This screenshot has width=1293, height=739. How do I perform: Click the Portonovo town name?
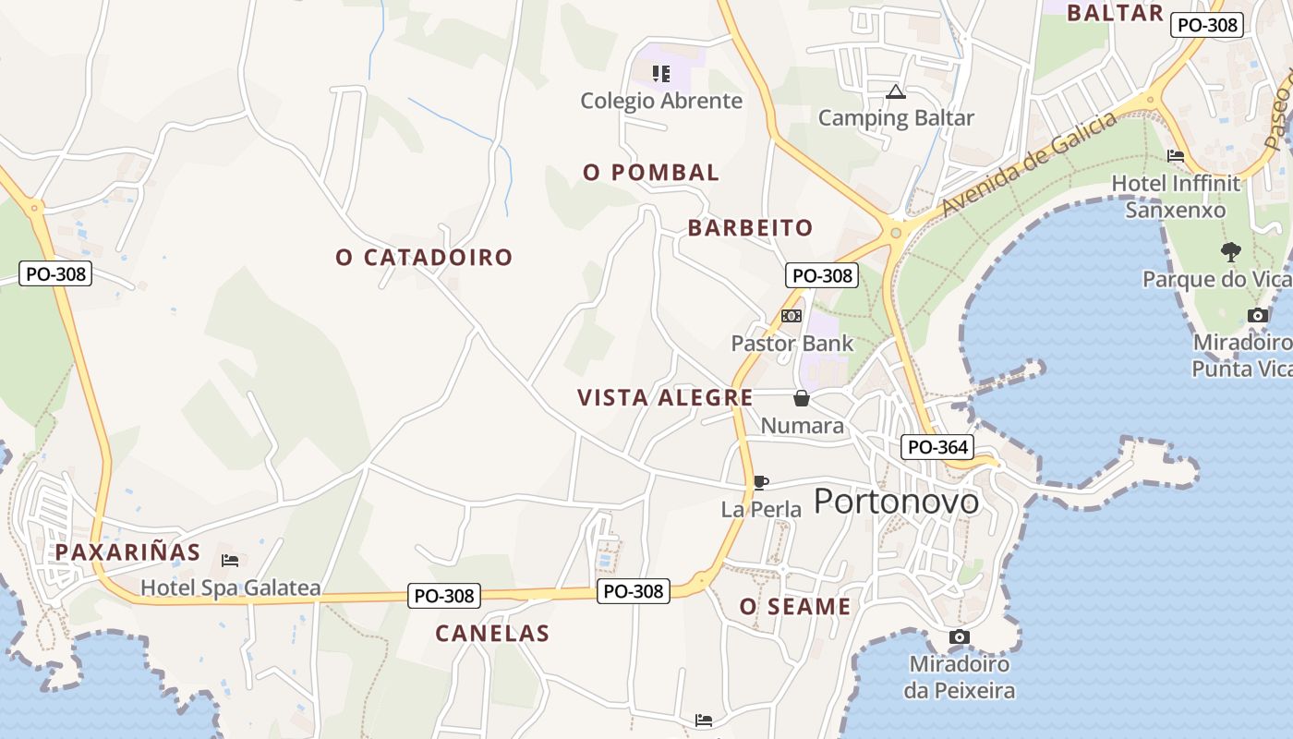[896, 501]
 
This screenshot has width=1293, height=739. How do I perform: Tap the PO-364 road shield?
[937, 448]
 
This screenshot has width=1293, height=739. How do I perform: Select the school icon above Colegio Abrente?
[660, 73]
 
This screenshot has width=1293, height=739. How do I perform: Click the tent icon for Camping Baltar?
[895, 91]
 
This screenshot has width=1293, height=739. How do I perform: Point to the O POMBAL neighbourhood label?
[651, 173]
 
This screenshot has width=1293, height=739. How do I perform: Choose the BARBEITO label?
[750, 228]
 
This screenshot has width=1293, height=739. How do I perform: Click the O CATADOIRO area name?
[424, 258]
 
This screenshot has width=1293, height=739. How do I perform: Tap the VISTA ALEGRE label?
[665, 398]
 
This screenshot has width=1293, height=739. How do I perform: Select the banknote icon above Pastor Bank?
[792, 316]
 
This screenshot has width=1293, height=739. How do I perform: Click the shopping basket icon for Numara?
[802, 398]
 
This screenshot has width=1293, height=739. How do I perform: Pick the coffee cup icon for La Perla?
[760, 482]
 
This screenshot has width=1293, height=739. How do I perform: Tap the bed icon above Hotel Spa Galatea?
[230, 560]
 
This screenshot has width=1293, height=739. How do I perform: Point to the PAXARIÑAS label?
[127, 552]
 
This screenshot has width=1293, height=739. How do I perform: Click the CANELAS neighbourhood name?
[492, 634]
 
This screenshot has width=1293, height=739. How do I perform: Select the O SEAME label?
[795, 607]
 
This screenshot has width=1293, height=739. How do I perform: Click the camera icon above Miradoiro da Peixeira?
[960, 636]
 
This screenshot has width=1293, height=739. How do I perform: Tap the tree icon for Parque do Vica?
[1230, 251]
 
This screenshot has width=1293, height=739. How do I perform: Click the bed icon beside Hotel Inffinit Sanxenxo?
[1176, 156]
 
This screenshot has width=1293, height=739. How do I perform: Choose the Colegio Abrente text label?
[661, 101]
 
